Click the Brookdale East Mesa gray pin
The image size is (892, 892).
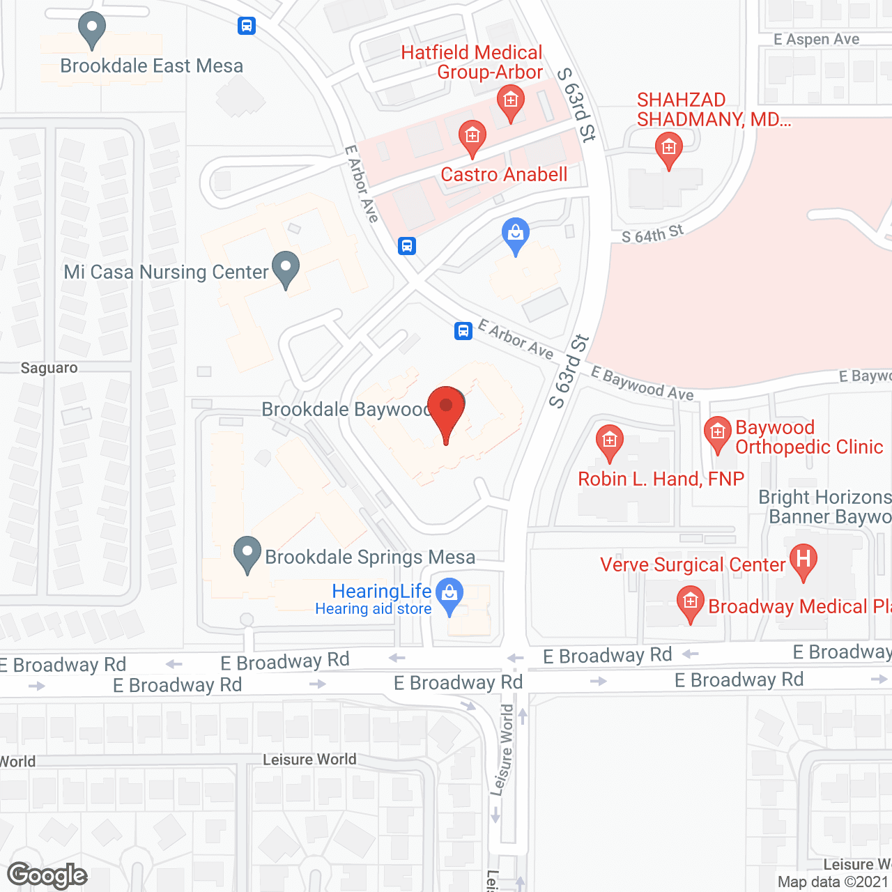[92, 29]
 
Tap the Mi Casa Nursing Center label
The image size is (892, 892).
[166, 272]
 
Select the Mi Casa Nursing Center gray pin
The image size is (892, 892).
[286, 269]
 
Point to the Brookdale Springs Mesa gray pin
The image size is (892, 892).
[247, 555]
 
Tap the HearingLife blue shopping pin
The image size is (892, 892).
[449, 597]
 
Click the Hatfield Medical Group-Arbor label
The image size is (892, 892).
[472, 62]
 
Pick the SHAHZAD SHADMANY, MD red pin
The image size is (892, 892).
[669, 150]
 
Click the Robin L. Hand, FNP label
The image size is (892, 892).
[661, 479]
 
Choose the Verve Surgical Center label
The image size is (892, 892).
[693, 564]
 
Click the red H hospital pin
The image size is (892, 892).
[803, 562]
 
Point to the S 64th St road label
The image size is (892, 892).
[652, 234]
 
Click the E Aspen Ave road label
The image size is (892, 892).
[816, 40]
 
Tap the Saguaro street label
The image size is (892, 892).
[49, 368]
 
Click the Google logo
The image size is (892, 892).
[47, 875]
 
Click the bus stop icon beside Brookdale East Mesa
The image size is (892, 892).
[247, 26]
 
